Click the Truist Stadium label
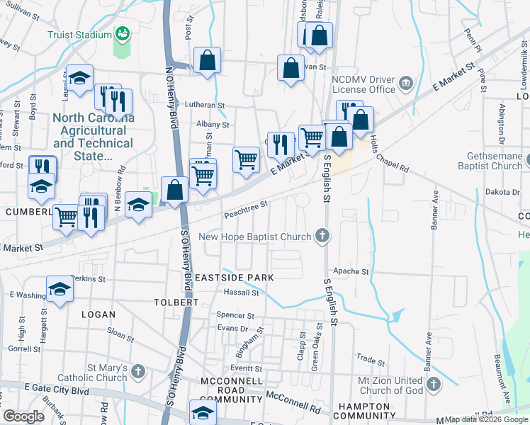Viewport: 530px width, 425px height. (x=79, y=35)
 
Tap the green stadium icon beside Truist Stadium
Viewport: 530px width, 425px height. (x=122, y=33)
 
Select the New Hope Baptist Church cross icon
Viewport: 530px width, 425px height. (x=322, y=236)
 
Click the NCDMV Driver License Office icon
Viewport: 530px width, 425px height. (x=406, y=84)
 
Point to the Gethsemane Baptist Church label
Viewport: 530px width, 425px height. (x=485, y=161)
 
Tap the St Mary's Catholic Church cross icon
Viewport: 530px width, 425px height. (x=137, y=370)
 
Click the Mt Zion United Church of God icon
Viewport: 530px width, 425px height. (x=433, y=385)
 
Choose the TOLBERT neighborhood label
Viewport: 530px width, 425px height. (x=176, y=302)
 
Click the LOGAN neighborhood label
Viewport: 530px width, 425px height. (x=98, y=313)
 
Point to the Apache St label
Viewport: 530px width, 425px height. (x=355, y=271)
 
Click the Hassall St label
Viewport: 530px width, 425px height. (x=242, y=292)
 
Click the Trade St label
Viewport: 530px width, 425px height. (x=370, y=359)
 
